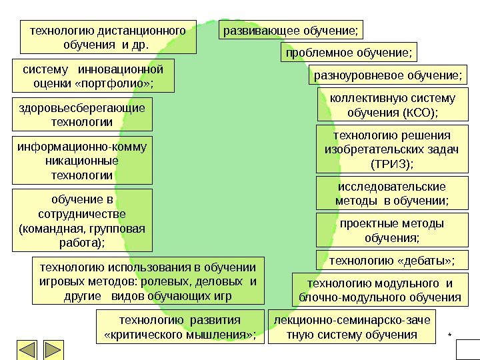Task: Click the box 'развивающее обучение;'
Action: pos(293,31)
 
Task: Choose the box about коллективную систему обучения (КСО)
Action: pos(393,105)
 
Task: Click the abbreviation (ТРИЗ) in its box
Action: pos(391,163)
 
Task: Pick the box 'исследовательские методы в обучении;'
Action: pos(391,193)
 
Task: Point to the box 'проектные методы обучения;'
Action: pos(391,230)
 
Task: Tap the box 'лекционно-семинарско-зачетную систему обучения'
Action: pos(352,326)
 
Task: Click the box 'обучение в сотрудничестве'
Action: pos(82,221)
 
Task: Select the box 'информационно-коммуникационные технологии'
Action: pos(82,161)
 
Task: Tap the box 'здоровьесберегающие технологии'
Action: pos(82,115)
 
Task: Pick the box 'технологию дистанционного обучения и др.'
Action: pos(108,37)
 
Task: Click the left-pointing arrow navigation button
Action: pos(27,349)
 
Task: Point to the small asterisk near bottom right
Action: pos(449,332)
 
